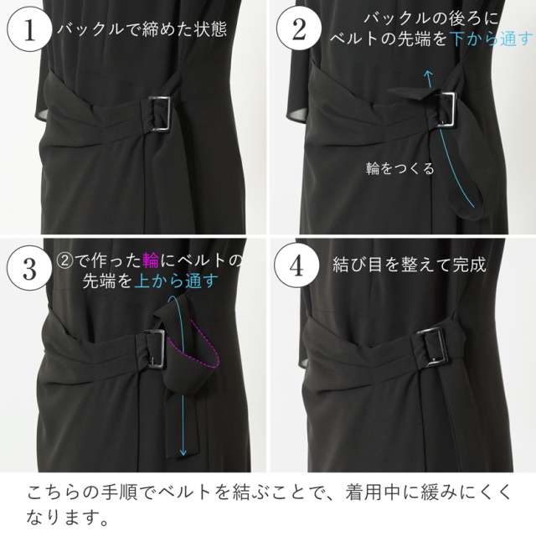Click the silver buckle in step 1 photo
tap(161, 114)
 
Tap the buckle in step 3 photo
tap(153, 348)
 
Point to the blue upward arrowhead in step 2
tap(428, 76)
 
